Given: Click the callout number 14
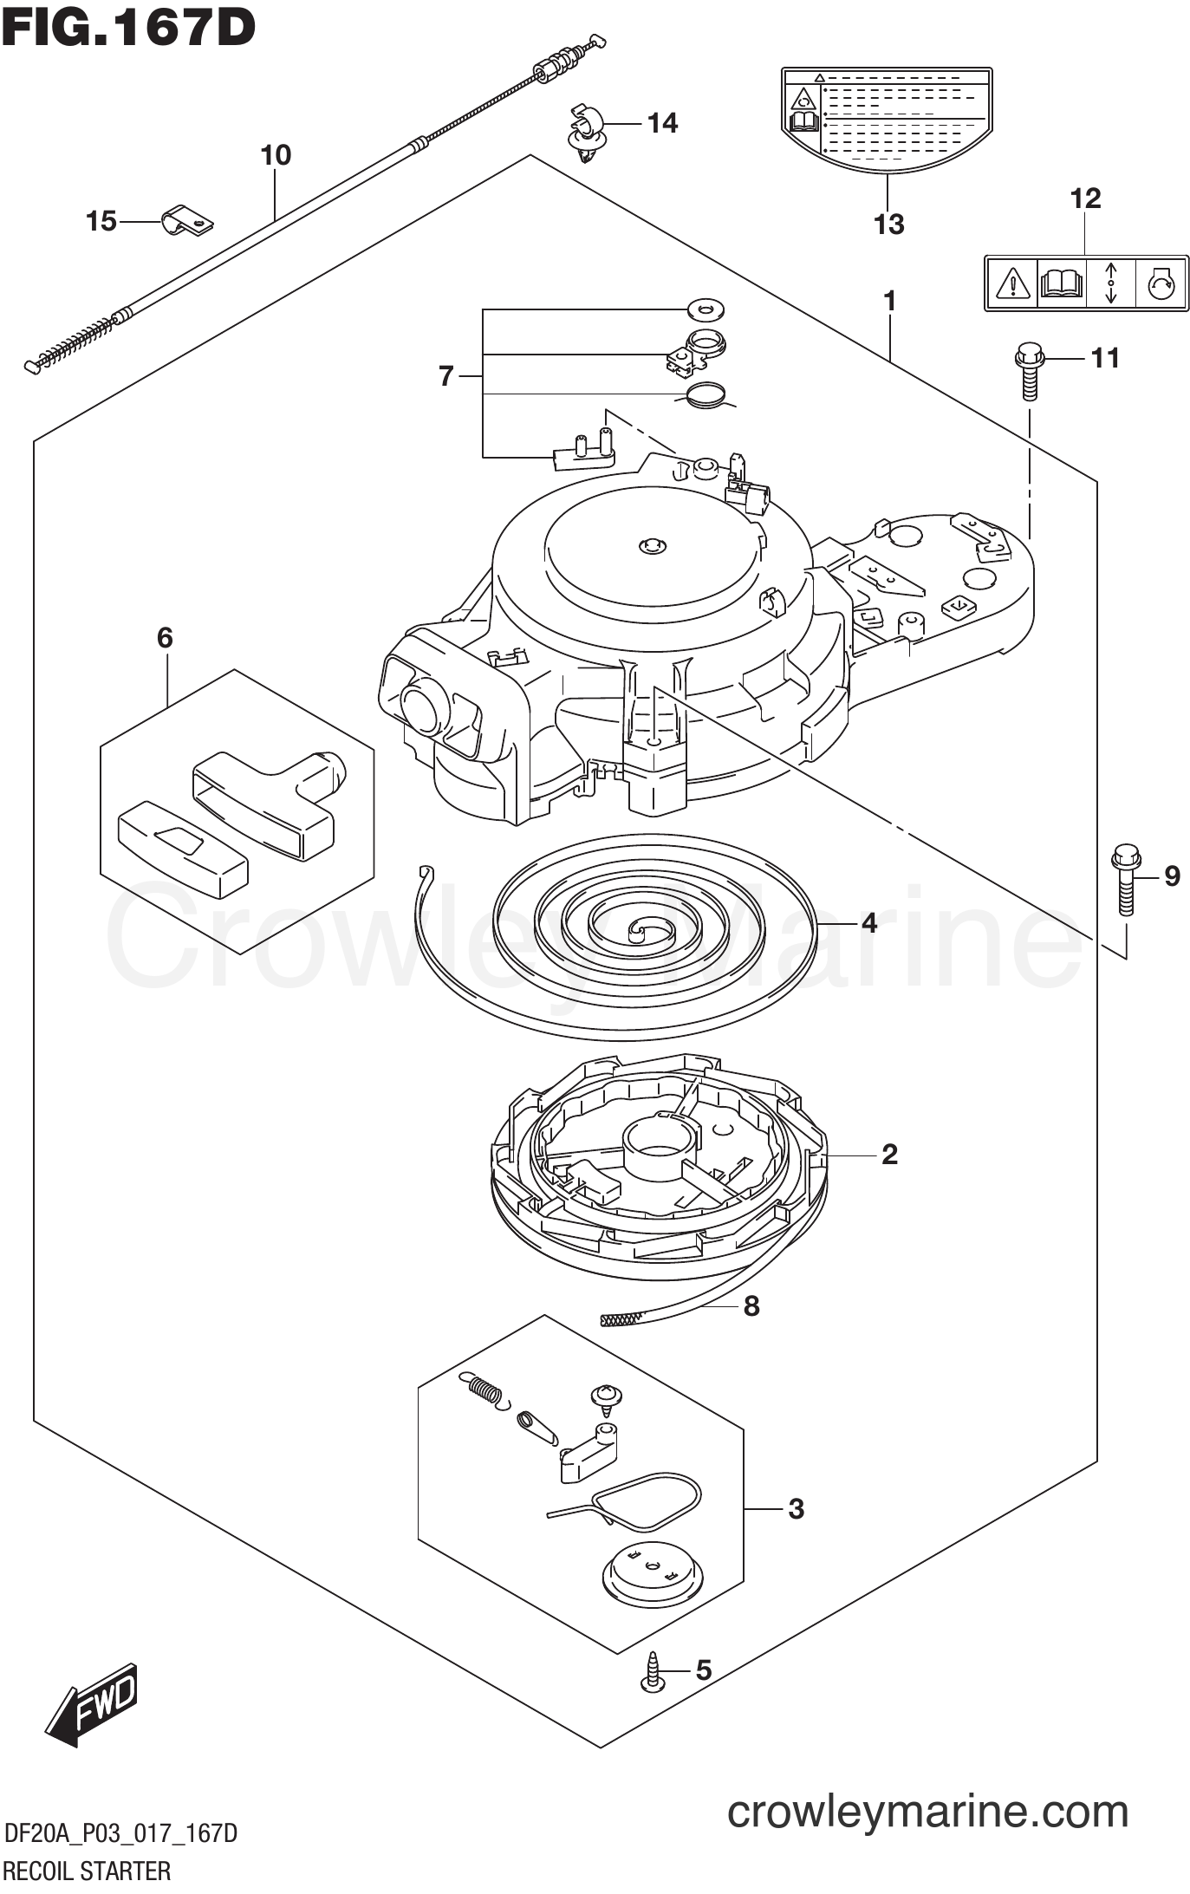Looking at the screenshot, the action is [x=663, y=123].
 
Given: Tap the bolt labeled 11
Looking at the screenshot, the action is [x=1029, y=371].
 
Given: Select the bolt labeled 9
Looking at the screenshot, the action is [x=1125, y=879].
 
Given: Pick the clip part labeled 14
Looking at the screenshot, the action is [x=586, y=133].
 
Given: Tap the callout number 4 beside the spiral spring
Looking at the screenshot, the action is [x=868, y=923].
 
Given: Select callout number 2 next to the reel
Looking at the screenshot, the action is [x=889, y=1154].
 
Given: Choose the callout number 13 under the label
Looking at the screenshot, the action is [x=889, y=225].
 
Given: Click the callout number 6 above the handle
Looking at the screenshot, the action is [x=165, y=638].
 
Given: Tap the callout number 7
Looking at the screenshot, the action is [x=446, y=376].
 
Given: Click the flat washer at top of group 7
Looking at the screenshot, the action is [x=706, y=307].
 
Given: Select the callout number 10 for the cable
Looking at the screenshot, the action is [x=276, y=156].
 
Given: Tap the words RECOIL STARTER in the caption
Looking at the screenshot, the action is [x=88, y=1871].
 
